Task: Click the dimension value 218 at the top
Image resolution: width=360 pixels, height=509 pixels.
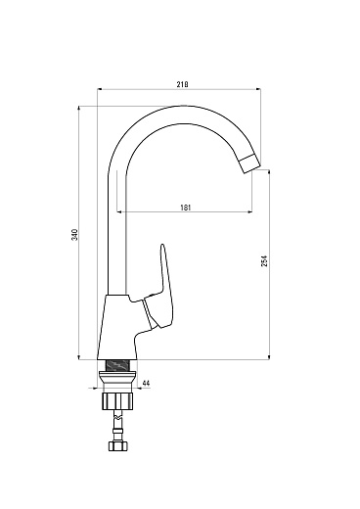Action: coord(181,84)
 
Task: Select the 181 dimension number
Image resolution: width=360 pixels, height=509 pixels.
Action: coord(185,207)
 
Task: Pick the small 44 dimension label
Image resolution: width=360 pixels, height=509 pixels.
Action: coord(145,384)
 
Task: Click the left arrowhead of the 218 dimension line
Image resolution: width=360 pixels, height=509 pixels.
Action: coord(102,91)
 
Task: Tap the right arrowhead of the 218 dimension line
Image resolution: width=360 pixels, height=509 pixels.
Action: coord(259,91)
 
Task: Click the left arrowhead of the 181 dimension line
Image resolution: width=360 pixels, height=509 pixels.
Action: coord(119,212)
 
